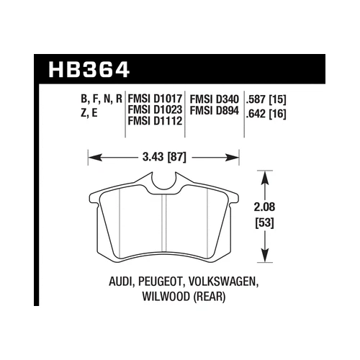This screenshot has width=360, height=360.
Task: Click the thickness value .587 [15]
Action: (266, 96)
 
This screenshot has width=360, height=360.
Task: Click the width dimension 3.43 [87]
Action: (163, 154)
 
